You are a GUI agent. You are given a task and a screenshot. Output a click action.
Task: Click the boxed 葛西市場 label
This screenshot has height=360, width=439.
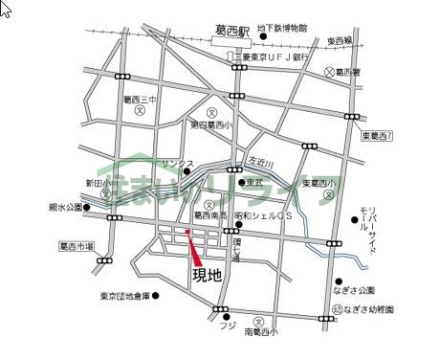pyautogui.click(x=76, y=245)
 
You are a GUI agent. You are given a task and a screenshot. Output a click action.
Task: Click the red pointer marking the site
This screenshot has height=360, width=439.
pyautogui.click(x=194, y=250)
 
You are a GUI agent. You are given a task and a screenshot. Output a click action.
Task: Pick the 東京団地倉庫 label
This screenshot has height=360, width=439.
pyautogui.click(x=124, y=296)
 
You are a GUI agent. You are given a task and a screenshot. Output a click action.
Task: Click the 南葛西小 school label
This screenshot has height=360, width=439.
pyautogui.click(x=259, y=332)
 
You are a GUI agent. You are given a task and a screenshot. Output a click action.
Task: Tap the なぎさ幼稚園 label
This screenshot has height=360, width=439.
pyautogui.click(x=373, y=309)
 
